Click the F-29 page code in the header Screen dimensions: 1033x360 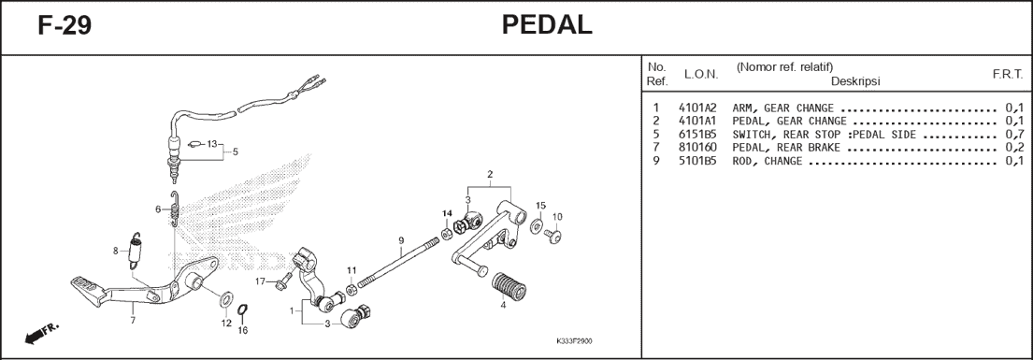pyautogui.click(x=65, y=26)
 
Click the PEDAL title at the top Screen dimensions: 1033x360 pyautogui.click(x=546, y=25)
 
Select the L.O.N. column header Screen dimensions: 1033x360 pyautogui.click(x=701, y=75)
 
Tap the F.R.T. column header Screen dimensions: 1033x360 pyautogui.click(x=1008, y=75)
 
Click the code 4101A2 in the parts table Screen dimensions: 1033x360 pyautogui.click(x=697, y=108)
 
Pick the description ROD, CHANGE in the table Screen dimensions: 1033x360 pyautogui.click(x=767, y=162)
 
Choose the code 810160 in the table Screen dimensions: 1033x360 pyautogui.click(x=697, y=148)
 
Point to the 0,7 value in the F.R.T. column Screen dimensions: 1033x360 pyautogui.click(x=1014, y=135)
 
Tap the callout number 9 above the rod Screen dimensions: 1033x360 pyautogui.click(x=400, y=240)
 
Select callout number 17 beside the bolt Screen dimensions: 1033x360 pyautogui.click(x=261, y=281)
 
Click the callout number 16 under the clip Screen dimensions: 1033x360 pyautogui.click(x=242, y=330)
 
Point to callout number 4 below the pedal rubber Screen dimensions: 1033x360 pyautogui.click(x=503, y=305)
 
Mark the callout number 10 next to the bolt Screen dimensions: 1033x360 pyautogui.click(x=557, y=217)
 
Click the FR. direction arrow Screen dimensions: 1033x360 pyautogui.click(x=39, y=334)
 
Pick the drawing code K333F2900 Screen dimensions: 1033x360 pyautogui.click(x=575, y=342)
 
